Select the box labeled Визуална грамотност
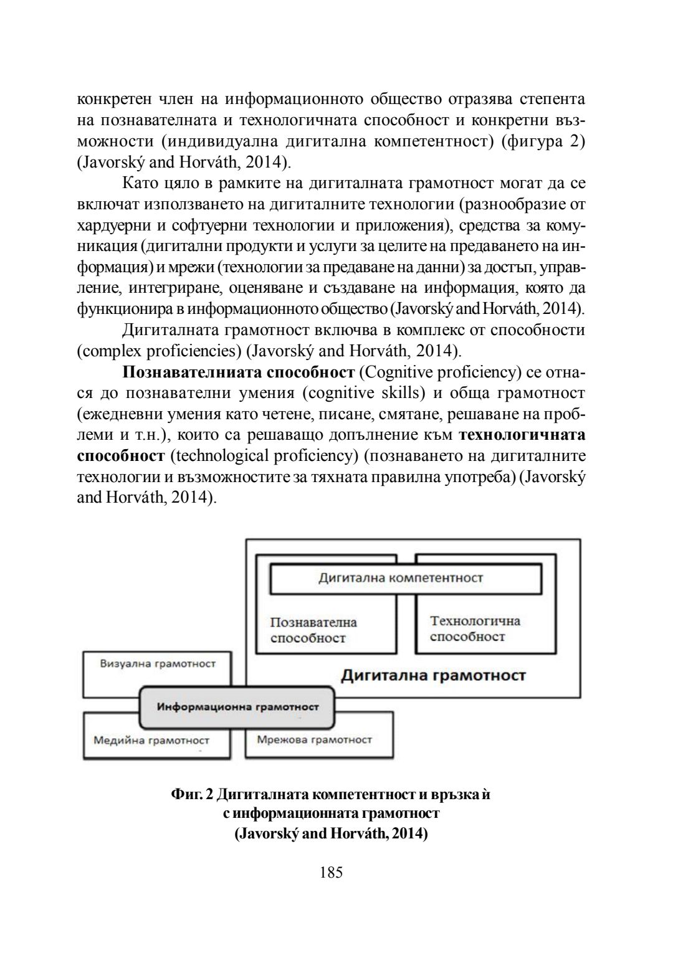pyautogui.click(x=158, y=664)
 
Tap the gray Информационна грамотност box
pyautogui.click(x=237, y=707)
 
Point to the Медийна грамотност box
pyautogui.click(x=151, y=741)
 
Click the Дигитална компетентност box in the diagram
pyautogui.click(x=401, y=578)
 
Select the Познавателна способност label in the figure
pyautogui.click(x=313, y=630)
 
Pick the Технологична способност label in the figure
pyautogui.click(x=475, y=628)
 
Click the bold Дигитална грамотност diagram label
pyautogui.click(x=433, y=675)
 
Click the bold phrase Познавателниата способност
pyautogui.click(x=238, y=372)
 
